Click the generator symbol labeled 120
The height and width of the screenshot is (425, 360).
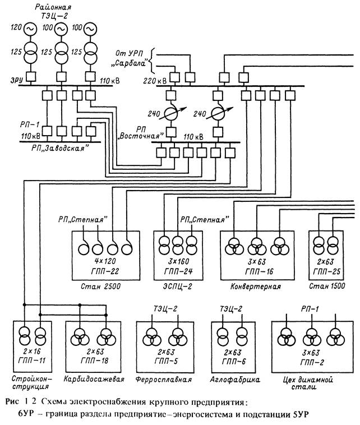click(x=30, y=29)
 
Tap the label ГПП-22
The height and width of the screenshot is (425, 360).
click(x=105, y=271)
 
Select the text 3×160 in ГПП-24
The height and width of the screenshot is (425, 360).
click(x=178, y=261)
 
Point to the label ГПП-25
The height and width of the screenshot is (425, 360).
click(x=327, y=271)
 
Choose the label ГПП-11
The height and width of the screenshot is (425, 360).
click(x=32, y=361)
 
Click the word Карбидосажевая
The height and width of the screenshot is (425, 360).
click(x=94, y=378)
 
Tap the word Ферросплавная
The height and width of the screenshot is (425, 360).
click(x=164, y=379)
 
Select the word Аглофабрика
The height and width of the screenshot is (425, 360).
click(x=235, y=380)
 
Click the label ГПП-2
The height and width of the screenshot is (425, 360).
click(x=312, y=362)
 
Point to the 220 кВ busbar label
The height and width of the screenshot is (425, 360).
click(x=155, y=81)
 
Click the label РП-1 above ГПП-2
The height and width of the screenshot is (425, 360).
click(x=310, y=309)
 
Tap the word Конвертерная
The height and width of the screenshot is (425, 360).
click(x=255, y=287)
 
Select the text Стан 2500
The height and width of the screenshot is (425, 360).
click(x=100, y=287)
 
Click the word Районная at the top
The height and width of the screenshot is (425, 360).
click(x=53, y=7)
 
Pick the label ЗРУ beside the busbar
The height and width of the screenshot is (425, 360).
click(x=17, y=80)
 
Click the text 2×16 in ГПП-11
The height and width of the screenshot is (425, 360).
click(x=32, y=352)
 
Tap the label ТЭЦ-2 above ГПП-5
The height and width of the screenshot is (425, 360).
click(x=165, y=309)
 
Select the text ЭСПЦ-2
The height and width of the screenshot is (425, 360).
click(x=177, y=287)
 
